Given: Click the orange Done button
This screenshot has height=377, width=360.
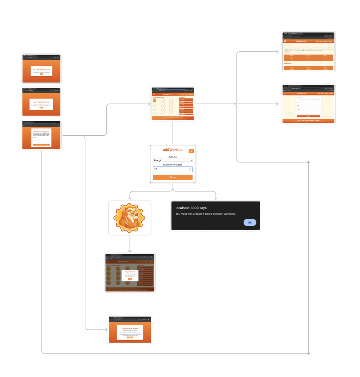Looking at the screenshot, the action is click(172, 177).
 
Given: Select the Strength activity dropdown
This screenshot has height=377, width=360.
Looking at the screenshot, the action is click(172, 160).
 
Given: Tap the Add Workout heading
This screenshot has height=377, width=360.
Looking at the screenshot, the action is click(172, 150).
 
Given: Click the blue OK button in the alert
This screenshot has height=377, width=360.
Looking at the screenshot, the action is click(250, 222).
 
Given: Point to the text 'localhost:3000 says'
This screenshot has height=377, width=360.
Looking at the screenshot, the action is click(191, 208).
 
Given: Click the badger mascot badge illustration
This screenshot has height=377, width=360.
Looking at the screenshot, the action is click(129, 218).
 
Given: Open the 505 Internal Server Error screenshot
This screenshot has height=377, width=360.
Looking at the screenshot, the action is click(41, 69).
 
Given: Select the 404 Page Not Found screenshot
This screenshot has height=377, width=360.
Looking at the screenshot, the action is click(41, 102).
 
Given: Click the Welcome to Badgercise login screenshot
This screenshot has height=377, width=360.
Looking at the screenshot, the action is click(41, 135).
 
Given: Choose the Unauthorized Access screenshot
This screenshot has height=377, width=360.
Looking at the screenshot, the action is click(130, 330).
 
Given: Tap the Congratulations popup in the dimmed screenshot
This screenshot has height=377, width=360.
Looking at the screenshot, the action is click(130, 275).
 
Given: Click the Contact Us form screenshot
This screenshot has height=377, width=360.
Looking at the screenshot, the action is click(308, 104).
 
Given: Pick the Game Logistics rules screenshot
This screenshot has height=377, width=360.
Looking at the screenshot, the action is click(308, 52).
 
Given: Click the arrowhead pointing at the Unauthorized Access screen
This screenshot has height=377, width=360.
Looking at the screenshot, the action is click(106, 329).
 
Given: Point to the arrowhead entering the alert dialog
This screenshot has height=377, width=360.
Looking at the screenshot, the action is click(215, 198).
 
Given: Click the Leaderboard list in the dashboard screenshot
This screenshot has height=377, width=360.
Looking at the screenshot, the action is click(186, 106).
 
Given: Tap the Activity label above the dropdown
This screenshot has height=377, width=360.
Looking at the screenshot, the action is click(172, 157).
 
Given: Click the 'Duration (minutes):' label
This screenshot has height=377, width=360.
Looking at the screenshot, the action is click(172, 165).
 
